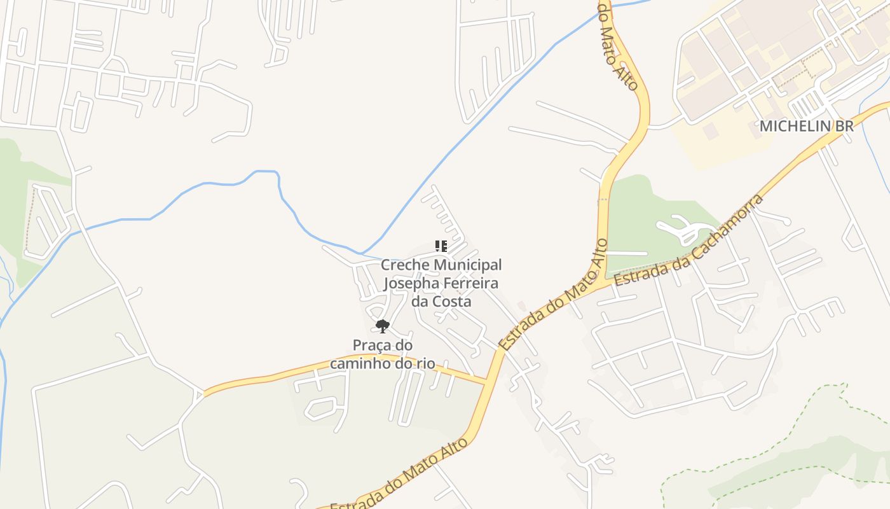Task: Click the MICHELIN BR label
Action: (806, 126)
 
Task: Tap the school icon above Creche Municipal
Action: (441, 246)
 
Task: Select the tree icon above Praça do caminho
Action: (382, 326)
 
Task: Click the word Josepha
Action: (412, 282)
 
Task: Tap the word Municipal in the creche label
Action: (469, 265)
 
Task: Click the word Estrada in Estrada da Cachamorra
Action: (637, 274)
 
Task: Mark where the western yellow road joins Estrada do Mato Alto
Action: (486, 382)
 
